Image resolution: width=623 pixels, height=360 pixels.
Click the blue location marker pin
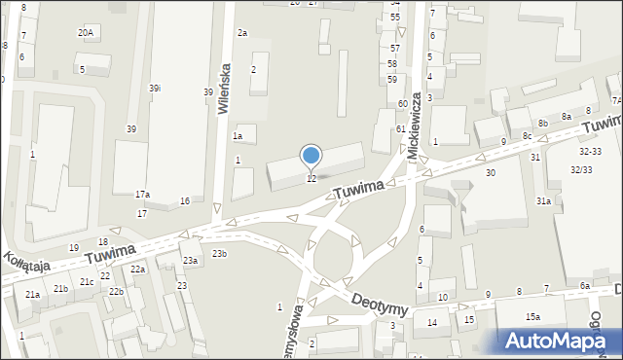coord(311,156)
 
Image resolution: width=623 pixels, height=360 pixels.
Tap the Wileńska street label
coord(225,90)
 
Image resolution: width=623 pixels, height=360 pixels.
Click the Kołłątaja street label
coord(21,261)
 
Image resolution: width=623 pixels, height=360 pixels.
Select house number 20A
coord(86,33)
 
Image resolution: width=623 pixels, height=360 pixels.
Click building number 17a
coord(142,195)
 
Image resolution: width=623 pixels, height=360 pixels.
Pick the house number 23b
coord(220,254)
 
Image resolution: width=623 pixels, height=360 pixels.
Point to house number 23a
coord(189,261)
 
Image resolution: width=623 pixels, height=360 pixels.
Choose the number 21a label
coord(33,294)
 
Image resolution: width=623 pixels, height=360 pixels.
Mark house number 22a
coord(137,270)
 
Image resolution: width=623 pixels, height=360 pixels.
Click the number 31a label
coord(543,201)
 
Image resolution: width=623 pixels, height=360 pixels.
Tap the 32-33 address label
coord(590,152)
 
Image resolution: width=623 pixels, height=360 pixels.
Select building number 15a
coord(532,317)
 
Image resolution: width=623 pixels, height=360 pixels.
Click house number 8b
coord(542,123)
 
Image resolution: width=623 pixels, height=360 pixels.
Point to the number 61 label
coord(400,129)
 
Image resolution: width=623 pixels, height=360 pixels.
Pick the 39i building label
coord(155,89)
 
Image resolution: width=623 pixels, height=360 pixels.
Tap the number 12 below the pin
coord(311,178)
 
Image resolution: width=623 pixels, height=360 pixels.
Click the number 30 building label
coord(491,172)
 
